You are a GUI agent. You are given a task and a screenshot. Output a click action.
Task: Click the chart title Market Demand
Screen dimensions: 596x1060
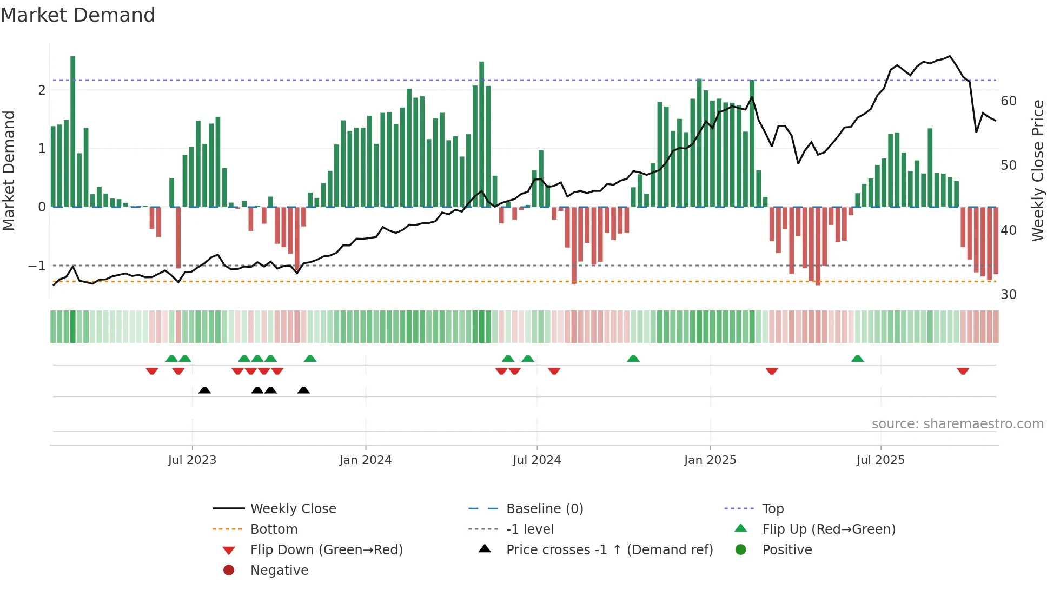pyautogui.click(x=78, y=15)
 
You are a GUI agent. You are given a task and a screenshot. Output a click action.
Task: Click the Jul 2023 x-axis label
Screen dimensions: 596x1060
pyautogui.click(x=192, y=460)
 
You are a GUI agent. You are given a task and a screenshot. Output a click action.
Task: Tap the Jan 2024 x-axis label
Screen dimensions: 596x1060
pyautogui.click(x=365, y=460)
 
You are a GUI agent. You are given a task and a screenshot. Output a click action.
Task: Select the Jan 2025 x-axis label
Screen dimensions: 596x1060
pyautogui.click(x=710, y=460)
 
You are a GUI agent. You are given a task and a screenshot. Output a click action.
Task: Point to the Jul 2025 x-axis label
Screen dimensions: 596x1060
pyautogui.click(x=880, y=460)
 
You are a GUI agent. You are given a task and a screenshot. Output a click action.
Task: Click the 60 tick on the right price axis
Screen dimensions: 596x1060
pyautogui.click(x=1008, y=101)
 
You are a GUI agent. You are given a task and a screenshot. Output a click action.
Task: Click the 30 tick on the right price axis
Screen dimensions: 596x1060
pyautogui.click(x=1008, y=295)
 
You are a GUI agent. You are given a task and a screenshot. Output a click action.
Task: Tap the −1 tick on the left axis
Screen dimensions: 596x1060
pyautogui.click(x=37, y=266)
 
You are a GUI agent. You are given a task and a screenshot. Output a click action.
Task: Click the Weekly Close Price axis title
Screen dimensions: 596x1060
pyautogui.click(x=1037, y=170)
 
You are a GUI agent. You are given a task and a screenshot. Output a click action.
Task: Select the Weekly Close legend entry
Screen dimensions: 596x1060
pyautogui.click(x=293, y=509)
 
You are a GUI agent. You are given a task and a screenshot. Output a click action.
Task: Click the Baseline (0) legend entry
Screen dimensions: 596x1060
pyautogui.click(x=544, y=509)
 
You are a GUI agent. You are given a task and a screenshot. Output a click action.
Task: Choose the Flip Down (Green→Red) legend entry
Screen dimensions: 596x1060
pyautogui.click(x=326, y=550)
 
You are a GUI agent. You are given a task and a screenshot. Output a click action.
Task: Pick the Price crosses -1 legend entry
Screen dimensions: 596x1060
pyautogui.click(x=609, y=550)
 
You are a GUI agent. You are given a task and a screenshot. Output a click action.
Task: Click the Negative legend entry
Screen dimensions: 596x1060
pyautogui.click(x=279, y=571)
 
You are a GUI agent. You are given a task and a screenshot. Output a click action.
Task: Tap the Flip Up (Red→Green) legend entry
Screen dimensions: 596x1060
pyautogui.click(x=829, y=529)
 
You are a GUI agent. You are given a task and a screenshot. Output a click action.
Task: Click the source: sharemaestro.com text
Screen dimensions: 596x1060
pyautogui.click(x=957, y=424)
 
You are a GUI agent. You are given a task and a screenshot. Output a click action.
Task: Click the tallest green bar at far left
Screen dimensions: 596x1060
pyautogui.click(x=73, y=130)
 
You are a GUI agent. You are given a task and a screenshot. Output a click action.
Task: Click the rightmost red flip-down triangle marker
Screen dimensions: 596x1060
pyautogui.click(x=963, y=371)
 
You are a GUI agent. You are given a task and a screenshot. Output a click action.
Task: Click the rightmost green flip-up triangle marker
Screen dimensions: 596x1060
pyautogui.click(x=857, y=359)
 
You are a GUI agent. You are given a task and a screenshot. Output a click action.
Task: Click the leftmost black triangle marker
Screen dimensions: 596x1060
pyautogui.click(x=204, y=390)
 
